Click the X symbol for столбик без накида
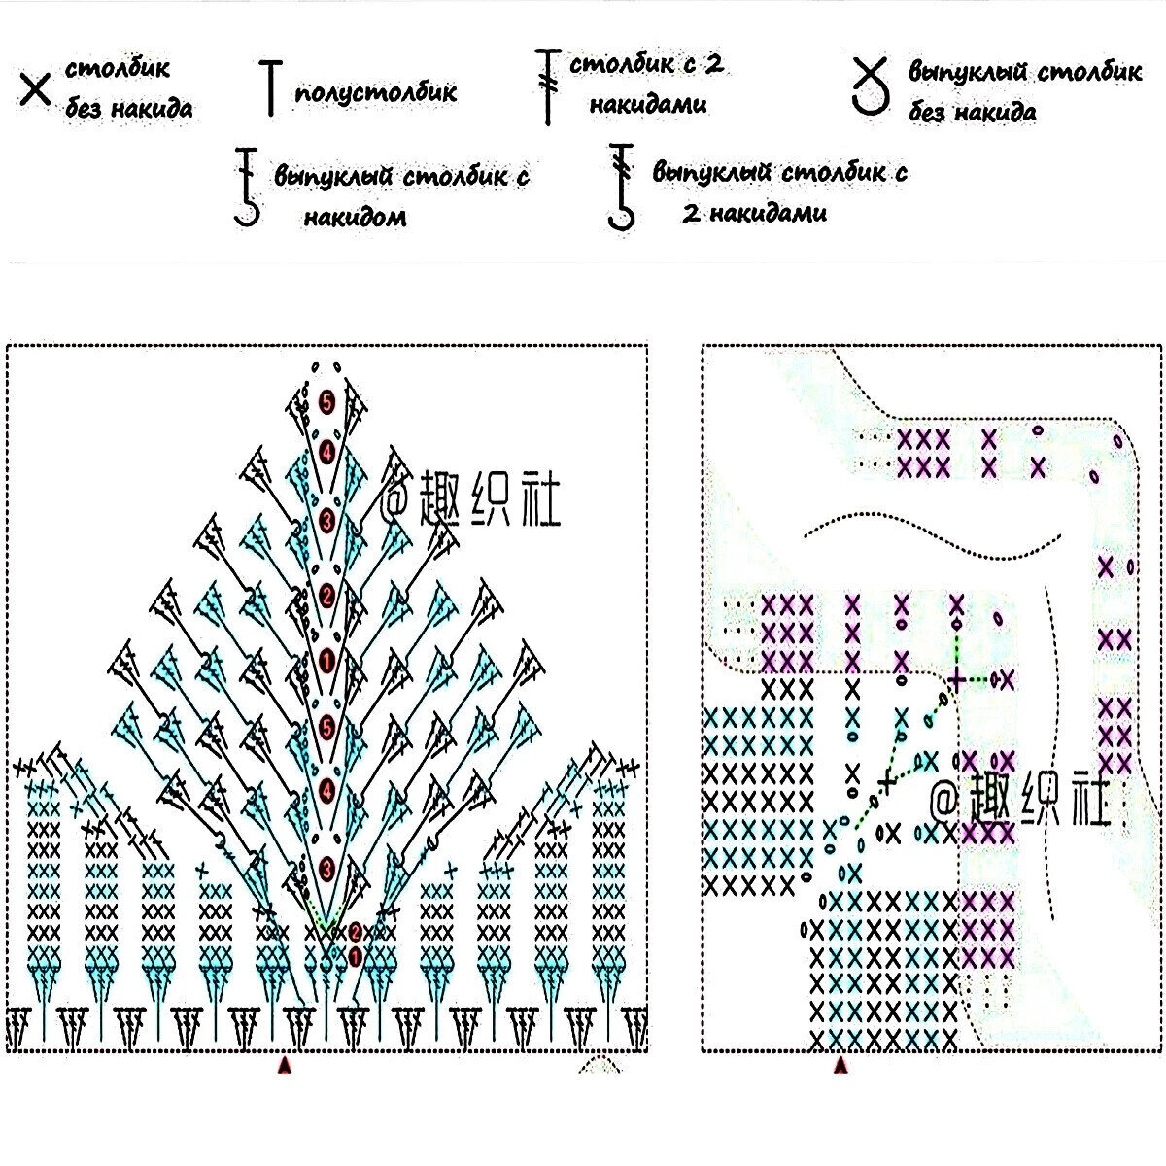(x=35, y=90)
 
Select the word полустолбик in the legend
(x=375, y=92)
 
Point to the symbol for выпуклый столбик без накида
(x=871, y=86)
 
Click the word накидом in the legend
(x=354, y=217)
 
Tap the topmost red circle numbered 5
(x=326, y=400)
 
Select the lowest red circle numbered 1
(x=355, y=956)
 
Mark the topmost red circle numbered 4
(x=326, y=452)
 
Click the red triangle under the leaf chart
(x=285, y=1067)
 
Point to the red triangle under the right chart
(x=841, y=1067)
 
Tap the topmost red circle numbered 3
(x=326, y=519)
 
